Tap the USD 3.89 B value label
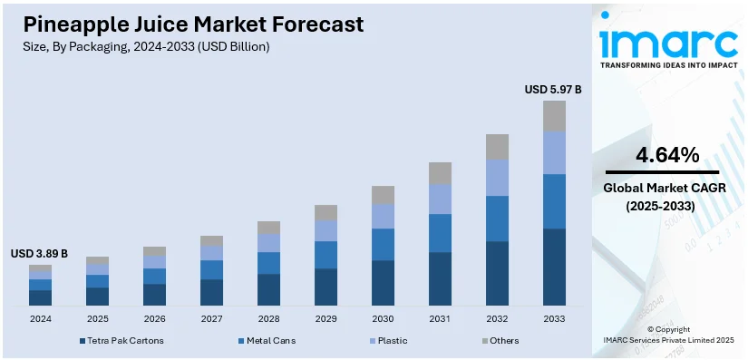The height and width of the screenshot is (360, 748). click(x=39, y=253)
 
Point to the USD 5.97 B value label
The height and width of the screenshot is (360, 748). click(x=553, y=89)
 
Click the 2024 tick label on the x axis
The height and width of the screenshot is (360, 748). click(x=40, y=319)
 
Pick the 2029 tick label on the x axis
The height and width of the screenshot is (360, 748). click(x=325, y=319)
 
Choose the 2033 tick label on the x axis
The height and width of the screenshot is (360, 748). click(x=554, y=319)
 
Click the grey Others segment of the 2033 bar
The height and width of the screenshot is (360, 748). click(x=554, y=115)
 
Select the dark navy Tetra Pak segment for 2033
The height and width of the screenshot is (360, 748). click(x=554, y=267)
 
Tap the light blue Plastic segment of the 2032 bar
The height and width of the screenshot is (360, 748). click(x=497, y=178)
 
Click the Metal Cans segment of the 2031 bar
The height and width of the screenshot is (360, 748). click(x=440, y=233)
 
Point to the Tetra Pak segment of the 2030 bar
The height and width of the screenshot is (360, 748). click(x=383, y=283)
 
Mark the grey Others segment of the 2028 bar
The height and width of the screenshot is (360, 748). click(x=268, y=228)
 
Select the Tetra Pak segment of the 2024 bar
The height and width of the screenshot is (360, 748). click(x=40, y=297)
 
